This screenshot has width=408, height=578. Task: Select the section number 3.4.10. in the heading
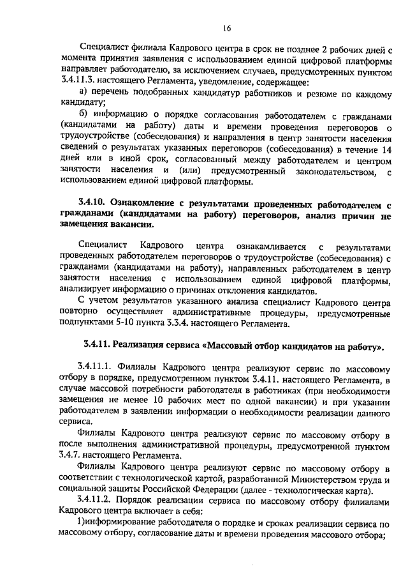coord(94,203)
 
